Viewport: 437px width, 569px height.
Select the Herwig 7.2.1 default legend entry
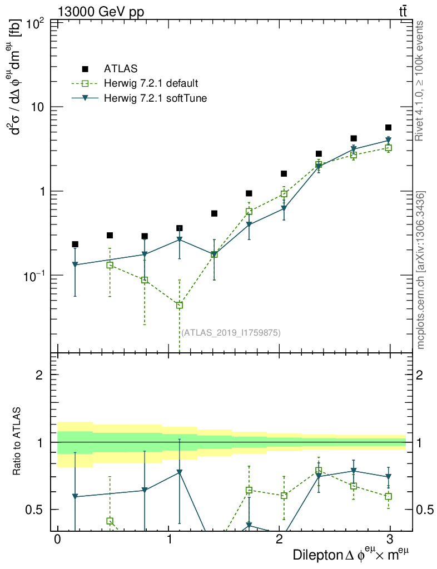(151, 84)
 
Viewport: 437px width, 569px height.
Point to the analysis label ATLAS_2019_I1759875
(231, 333)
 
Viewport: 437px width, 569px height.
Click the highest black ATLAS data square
(388, 128)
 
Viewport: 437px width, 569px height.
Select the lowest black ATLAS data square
(75, 244)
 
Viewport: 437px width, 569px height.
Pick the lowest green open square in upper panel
(179, 305)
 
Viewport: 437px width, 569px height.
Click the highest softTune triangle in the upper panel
(388, 140)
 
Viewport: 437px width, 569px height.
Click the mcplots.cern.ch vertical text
(421, 270)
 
